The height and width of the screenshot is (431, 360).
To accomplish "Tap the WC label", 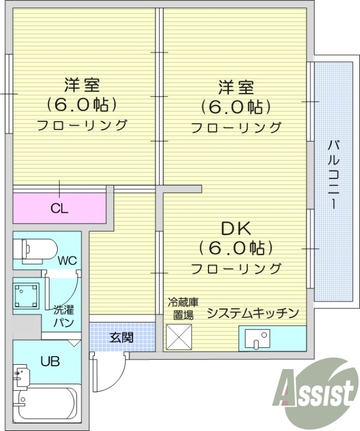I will pos(68,261).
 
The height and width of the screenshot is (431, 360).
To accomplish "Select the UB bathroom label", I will pos(51,360).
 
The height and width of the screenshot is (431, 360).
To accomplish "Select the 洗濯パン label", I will pos(63,316).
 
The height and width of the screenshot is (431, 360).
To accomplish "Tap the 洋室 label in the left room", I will pos(82,85).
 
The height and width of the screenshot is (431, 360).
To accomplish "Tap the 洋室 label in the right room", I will pos(236,87).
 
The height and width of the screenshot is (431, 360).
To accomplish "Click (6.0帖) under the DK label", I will pos(236,248).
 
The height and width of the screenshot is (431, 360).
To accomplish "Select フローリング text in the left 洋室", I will pos(82,125).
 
